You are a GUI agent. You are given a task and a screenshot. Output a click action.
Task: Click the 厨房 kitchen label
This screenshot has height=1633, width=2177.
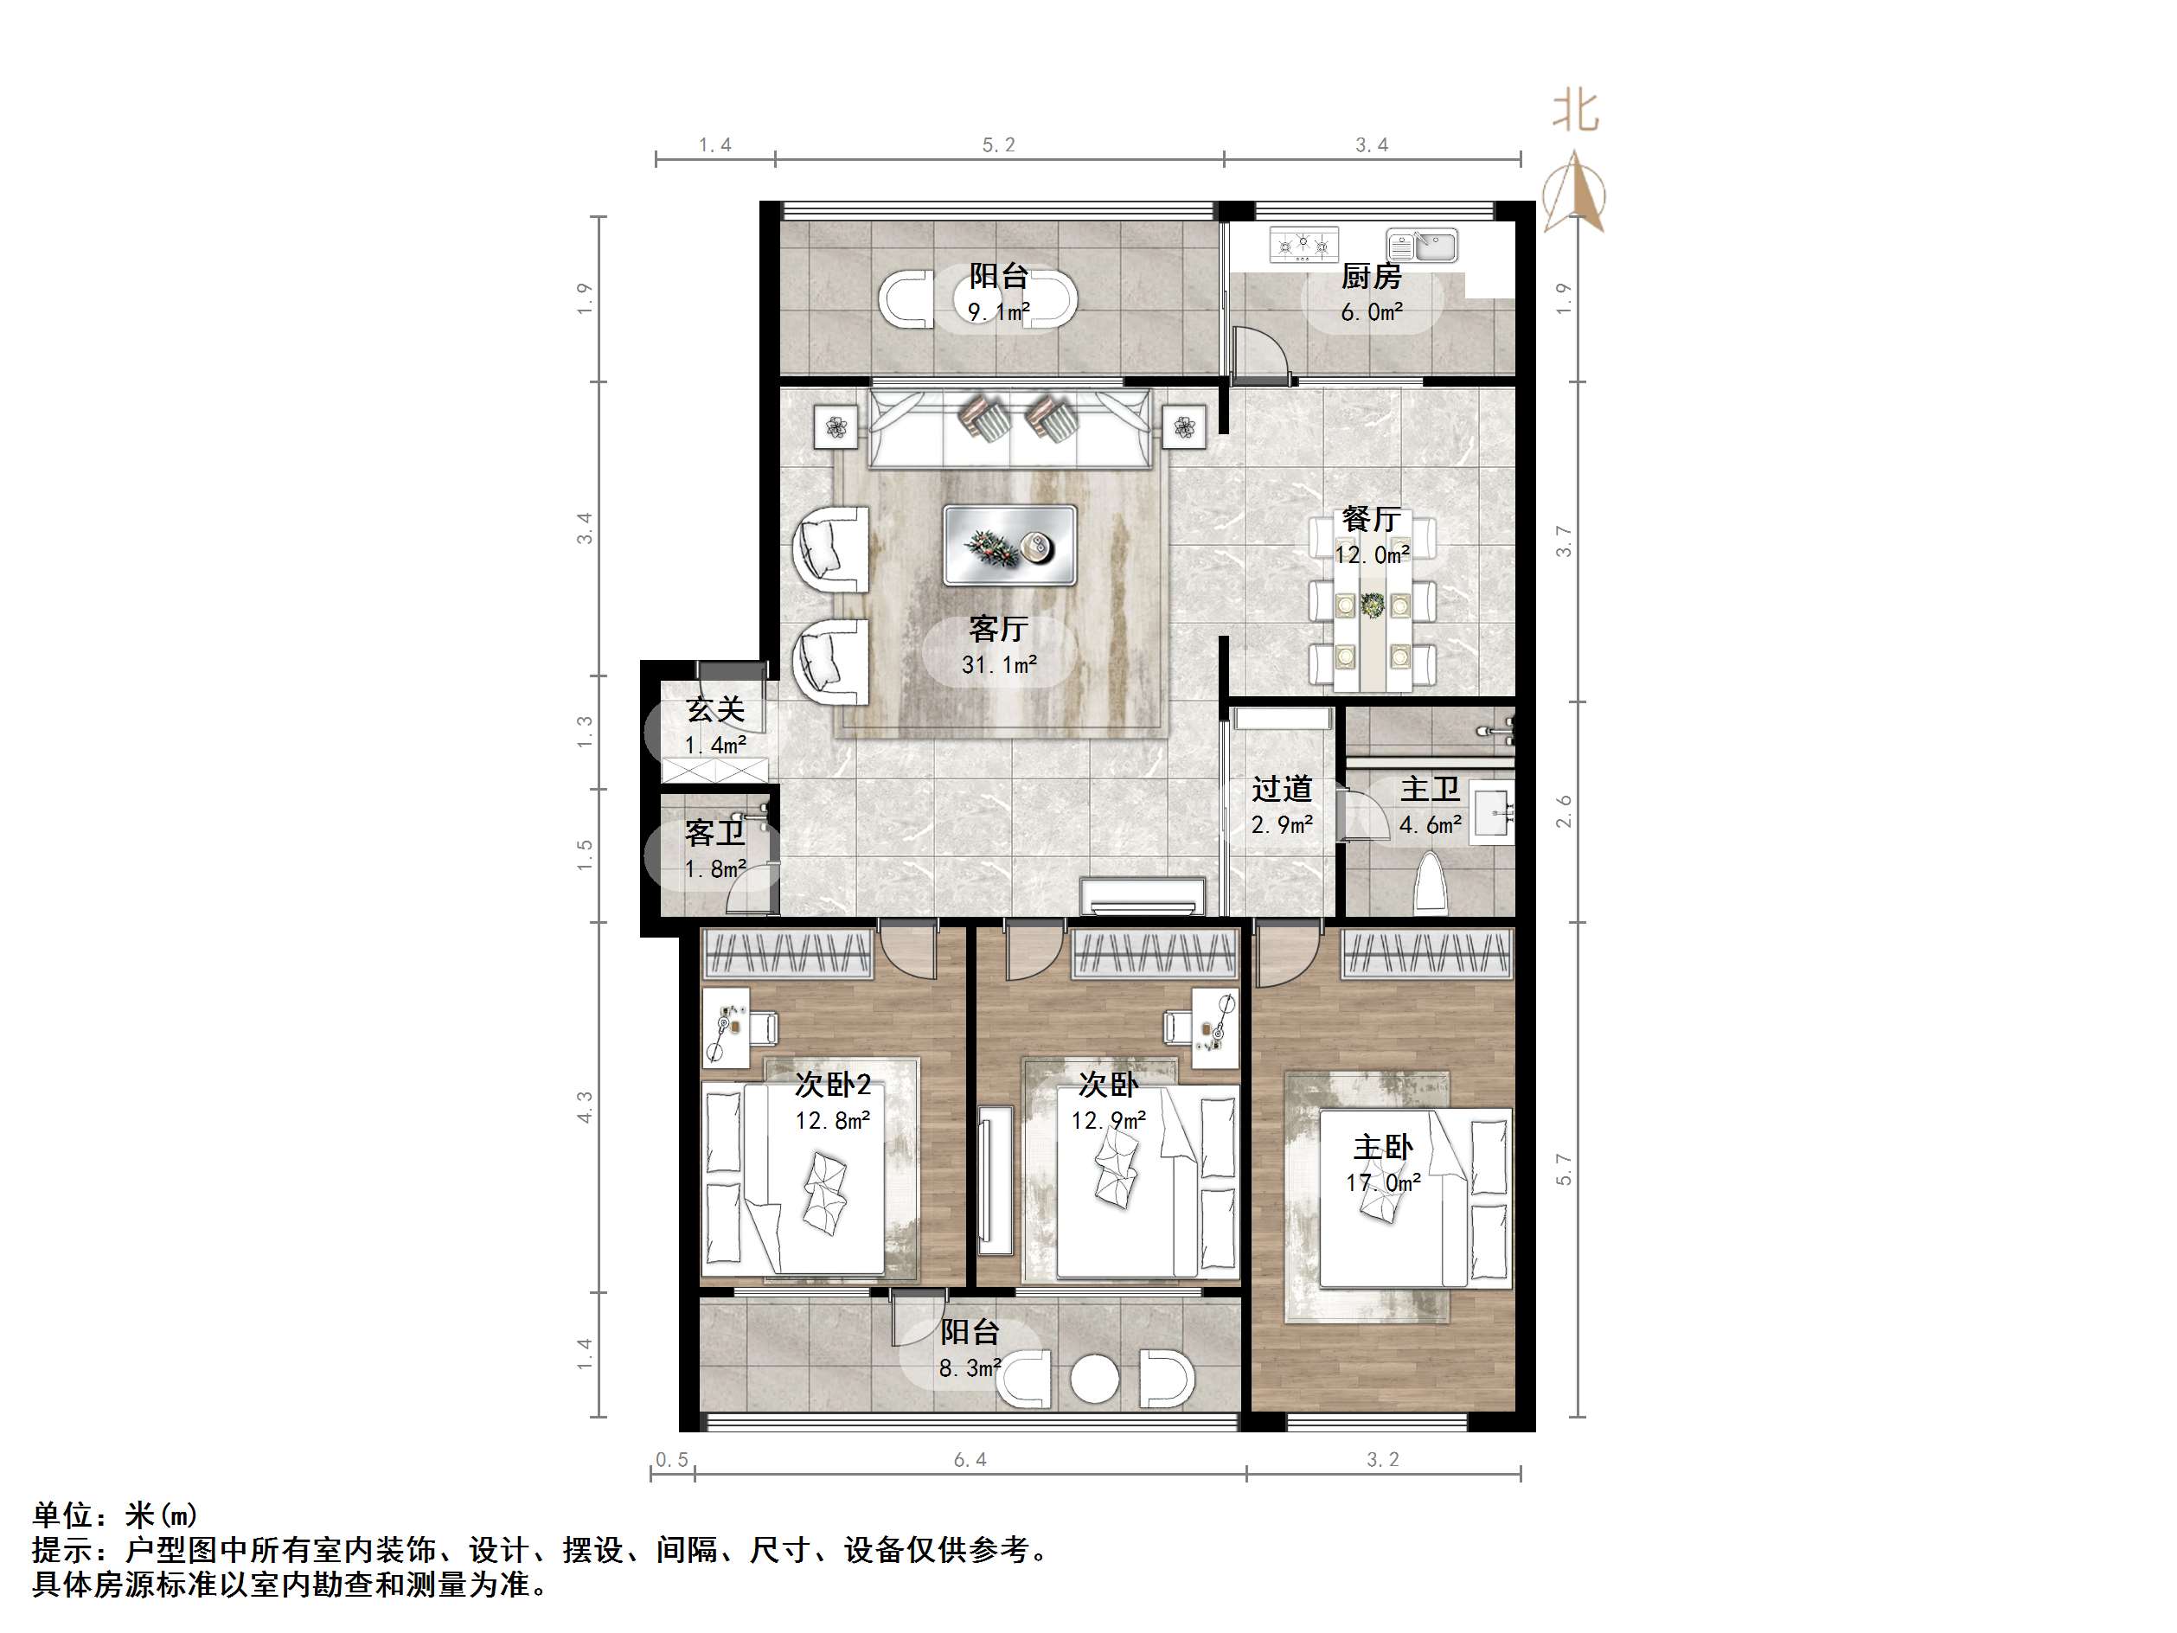click(1371, 277)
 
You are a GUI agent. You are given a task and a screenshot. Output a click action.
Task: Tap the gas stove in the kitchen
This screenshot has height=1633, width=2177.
click(1304, 244)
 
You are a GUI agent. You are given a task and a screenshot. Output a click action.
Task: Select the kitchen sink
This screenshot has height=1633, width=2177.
click(1422, 244)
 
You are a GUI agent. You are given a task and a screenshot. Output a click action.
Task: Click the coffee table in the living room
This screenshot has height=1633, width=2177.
click(1009, 545)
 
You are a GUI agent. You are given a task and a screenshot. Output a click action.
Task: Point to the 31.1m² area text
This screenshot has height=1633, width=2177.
click(999, 665)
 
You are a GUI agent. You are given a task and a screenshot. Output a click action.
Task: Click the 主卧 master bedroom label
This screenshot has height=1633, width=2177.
click(1383, 1147)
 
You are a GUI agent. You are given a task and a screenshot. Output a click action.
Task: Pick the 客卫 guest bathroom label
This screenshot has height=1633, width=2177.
click(714, 833)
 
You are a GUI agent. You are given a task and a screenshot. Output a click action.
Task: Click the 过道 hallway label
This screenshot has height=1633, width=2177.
click(1282, 789)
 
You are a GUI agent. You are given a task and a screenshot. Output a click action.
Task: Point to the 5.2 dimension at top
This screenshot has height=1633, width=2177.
click(998, 145)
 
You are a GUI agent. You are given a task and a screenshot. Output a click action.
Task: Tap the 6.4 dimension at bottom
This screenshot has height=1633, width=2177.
click(970, 1460)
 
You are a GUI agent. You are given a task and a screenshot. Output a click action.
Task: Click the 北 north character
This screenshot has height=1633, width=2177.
click(1576, 112)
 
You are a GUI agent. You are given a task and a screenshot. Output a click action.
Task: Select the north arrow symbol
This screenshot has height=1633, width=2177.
click(1575, 194)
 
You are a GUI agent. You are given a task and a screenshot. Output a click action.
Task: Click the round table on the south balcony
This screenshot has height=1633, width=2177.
click(1094, 1378)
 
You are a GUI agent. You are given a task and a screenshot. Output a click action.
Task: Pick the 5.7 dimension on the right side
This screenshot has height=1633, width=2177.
click(1564, 1169)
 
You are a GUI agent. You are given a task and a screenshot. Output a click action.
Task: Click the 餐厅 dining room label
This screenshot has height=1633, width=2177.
click(1371, 519)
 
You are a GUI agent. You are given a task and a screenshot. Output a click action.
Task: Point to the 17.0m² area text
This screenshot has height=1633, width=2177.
click(1383, 1182)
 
